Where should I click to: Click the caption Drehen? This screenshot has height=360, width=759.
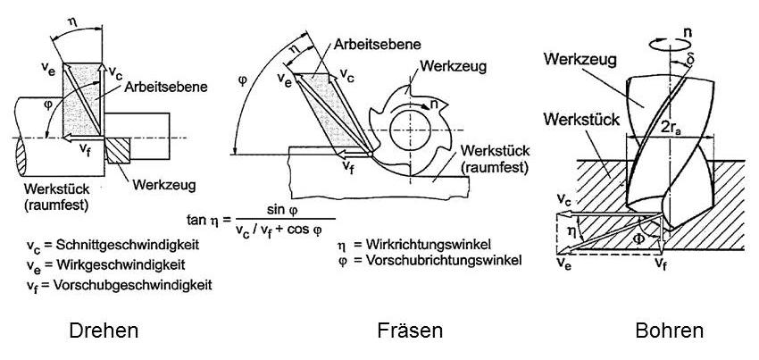[x=104, y=331]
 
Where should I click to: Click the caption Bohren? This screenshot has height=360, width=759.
[x=669, y=331]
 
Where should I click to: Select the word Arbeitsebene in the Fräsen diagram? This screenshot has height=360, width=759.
[x=379, y=42]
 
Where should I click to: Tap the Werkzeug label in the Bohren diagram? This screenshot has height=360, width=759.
[x=579, y=60]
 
